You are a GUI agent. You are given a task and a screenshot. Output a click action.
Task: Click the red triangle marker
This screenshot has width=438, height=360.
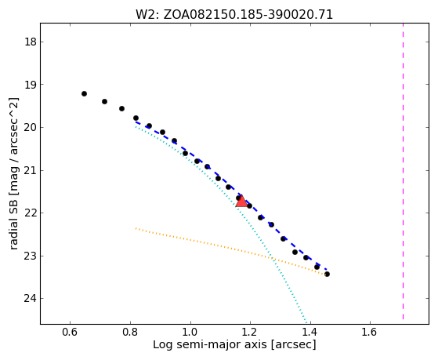(x=241, y=202)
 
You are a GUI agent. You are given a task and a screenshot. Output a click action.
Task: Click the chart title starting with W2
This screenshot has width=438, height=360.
(x=234, y=15)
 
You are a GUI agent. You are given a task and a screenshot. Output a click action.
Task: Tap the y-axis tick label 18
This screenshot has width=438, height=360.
(x=31, y=42)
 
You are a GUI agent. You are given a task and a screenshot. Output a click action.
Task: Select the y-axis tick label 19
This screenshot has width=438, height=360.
(x=31, y=85)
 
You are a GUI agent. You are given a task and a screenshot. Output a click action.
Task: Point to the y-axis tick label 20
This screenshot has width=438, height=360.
(x=31, y=128)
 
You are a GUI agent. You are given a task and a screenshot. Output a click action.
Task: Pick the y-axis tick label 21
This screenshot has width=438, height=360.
(x=31, y=170)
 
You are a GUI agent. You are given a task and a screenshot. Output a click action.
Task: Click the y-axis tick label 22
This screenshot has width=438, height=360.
(x=31, y=213)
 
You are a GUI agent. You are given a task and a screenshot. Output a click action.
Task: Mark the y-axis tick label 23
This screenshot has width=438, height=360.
(x=31, y=256)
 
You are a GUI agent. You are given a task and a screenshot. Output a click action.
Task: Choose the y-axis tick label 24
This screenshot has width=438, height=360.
(x=31, y=299)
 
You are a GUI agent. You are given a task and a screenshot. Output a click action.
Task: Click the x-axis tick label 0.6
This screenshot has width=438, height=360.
(x=70, y=332)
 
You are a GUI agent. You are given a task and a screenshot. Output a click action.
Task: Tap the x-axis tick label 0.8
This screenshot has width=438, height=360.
(x=130, y=332)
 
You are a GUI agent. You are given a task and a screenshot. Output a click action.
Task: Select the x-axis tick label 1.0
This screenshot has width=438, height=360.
(x=190, y=332)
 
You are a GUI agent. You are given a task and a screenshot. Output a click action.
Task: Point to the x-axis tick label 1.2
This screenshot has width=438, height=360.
(x=250, y=332)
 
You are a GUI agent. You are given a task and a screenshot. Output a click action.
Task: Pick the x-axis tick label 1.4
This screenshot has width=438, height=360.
(x=310, y=332)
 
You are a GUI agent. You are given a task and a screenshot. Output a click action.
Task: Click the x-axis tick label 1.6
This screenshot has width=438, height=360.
(x=370, y=332)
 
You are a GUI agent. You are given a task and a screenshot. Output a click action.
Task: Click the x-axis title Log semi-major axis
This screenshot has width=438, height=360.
(x=210, y=344)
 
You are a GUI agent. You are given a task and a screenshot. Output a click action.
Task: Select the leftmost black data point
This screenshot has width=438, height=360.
(x=84, y=93)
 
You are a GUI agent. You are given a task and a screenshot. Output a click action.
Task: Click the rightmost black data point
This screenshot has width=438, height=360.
(x=327, y=275)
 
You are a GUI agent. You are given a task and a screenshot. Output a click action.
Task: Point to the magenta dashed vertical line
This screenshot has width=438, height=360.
(x=403, y=171)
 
